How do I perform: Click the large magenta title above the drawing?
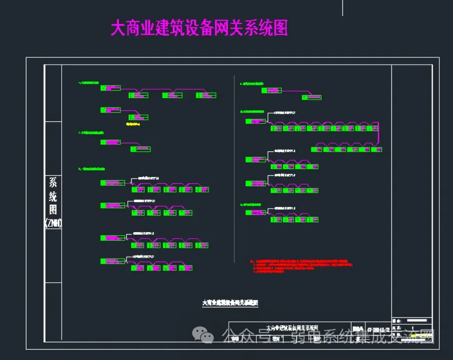tap(199, 28)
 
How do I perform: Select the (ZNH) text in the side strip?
tap(53, 223)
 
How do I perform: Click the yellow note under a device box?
tap(133, 124)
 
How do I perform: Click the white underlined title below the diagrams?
tap(230, 303)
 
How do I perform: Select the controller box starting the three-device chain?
tap(110, 88)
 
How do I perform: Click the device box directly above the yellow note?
tap(138, 118)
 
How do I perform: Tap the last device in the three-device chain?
tap(206, 95)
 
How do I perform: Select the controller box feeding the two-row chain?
tap(256, 120)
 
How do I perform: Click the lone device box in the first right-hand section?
tap(311, 97)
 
